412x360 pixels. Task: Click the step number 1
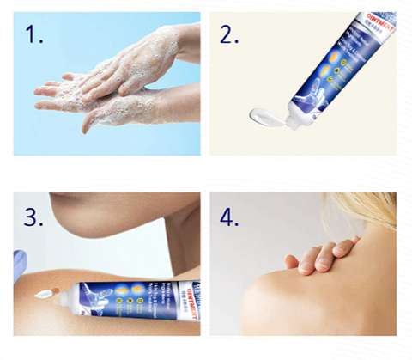[34, 37]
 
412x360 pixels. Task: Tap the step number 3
[34, 217]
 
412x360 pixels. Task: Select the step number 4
[230, 217]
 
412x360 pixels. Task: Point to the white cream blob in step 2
[263, 113]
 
